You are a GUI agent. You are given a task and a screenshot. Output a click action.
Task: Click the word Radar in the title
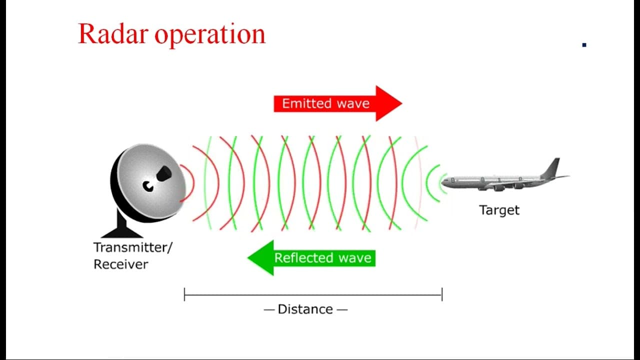tap(113, 34)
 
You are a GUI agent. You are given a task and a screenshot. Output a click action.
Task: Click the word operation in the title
tap(210, 35)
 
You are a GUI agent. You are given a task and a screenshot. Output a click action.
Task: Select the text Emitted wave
tap(325, 103)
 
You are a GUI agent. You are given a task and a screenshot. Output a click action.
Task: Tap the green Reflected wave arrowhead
tap(260, 258)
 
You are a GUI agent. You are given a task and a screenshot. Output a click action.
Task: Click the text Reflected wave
tap(323, 258)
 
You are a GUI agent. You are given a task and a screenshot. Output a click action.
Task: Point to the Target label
tap(499, 210)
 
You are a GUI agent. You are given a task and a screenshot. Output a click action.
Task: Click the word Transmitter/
tap(133, 247)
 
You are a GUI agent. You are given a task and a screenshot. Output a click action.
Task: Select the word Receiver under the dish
tap(121, 264)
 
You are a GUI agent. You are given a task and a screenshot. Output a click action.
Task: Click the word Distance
tap(305, 309)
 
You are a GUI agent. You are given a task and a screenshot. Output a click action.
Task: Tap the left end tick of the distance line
tap(184, 294)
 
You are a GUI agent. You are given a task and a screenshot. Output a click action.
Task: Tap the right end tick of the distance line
tap(442, 294)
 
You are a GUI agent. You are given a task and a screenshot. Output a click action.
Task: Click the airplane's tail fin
tap(552, 168)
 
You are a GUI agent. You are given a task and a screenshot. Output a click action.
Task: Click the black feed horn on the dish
tap(163, 173)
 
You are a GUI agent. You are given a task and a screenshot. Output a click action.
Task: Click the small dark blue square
tap(584, 45)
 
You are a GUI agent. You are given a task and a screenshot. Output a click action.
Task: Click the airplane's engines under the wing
tap(503, 187)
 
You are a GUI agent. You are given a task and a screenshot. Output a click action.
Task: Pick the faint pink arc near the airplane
tap(420, 183)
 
